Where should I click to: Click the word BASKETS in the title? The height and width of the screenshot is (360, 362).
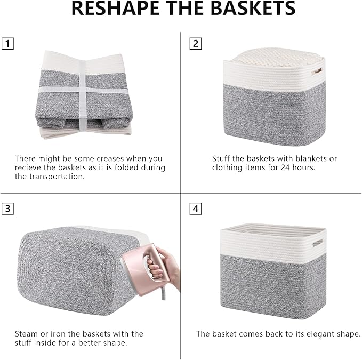tap(251, 9)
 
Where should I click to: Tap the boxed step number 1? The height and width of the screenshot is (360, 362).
tap(7, 43)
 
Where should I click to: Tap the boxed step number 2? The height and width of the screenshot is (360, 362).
tap(196, 43)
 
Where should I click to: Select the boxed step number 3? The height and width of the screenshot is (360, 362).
tap(7, 209)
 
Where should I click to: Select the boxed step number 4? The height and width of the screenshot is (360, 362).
tap(196, 209)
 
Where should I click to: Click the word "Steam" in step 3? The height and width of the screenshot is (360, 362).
tap(26, 333)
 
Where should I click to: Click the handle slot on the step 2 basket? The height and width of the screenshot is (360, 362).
tap(317, 70)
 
